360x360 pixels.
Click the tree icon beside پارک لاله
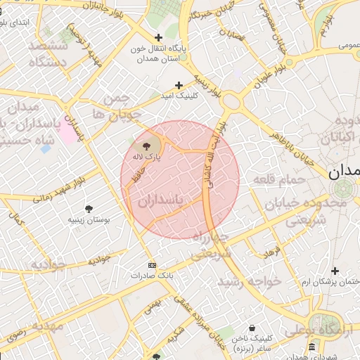tap(155, 145)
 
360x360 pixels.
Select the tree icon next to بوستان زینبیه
tap(89, 209)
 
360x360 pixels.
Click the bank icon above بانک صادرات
tap(152, 265)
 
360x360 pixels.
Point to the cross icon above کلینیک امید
tap(179, 84)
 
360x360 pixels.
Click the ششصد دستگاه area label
tap(48, 53)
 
